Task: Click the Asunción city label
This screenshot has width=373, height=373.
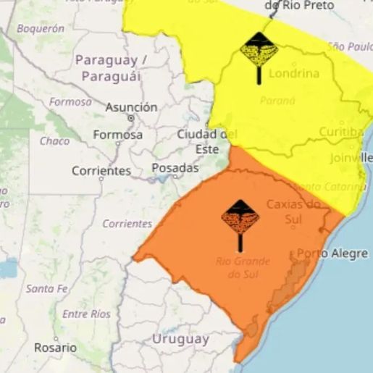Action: pos(131,107)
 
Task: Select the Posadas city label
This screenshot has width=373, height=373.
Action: pos(175,167)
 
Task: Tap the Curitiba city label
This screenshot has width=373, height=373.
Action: pos(340,132)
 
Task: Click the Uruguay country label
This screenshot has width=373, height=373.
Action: pos(180,338)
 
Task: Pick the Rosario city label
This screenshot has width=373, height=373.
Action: pos(54,348)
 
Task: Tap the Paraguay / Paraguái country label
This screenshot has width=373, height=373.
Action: pos(111,67)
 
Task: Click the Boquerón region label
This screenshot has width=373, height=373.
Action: pos(40,29)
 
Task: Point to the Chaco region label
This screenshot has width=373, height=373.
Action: pos(54,141)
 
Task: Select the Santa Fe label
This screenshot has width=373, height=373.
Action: pos(46,288)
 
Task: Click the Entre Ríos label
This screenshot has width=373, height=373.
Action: pos(86,314)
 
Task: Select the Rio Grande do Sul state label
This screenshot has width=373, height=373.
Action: pos(242,267)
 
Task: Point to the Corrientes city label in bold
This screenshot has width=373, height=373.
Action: pos(101,172)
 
